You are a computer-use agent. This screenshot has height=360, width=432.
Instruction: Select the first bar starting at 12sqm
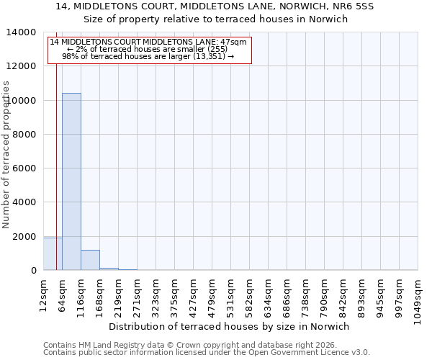point(53,254)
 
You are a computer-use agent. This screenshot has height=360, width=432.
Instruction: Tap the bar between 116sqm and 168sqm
point(90,260)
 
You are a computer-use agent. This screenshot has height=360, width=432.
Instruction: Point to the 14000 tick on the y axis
point(23,32)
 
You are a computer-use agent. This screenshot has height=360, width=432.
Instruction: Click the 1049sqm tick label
point(418,300)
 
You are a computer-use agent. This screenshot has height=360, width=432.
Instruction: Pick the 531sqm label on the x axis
point(230,295)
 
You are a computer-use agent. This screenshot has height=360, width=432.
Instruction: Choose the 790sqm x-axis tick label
point(324,295)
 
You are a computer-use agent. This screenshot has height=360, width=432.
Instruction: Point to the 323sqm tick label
point(156,295)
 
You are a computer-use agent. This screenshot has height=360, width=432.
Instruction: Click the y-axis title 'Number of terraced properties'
point(6,154)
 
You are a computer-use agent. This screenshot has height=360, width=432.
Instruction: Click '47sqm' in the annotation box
point(234,42)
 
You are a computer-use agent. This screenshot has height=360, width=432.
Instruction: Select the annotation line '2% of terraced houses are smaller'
point(148,49)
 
